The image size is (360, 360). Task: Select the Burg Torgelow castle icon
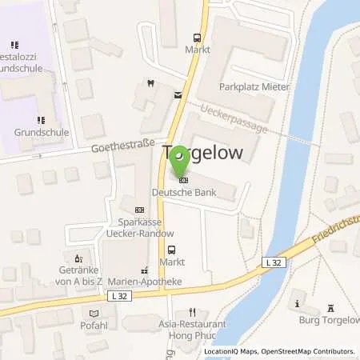[x=331, y=308]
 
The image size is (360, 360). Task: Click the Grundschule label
[x=42, y=132]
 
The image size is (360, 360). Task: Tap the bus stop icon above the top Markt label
[x=196, y=37]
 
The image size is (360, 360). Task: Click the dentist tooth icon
[x=150, y=82]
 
